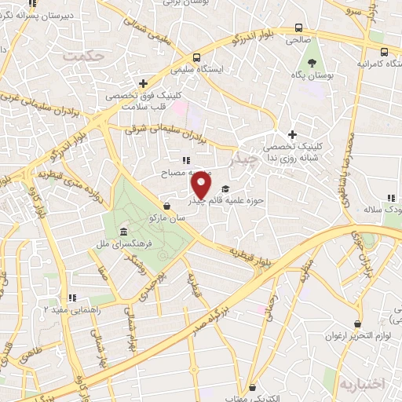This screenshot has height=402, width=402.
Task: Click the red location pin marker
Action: click(202, 185)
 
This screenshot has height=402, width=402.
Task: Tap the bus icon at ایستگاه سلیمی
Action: click(196, 57)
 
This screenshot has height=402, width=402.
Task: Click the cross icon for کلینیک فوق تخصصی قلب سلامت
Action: click(143, 83)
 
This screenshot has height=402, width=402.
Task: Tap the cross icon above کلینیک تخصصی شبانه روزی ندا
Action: click(294, 134)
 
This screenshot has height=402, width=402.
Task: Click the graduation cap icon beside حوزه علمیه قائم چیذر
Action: click(226, 188)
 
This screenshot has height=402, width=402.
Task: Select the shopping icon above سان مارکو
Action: click(167, 206)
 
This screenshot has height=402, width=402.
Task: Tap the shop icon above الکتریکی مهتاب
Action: click(251, 387)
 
